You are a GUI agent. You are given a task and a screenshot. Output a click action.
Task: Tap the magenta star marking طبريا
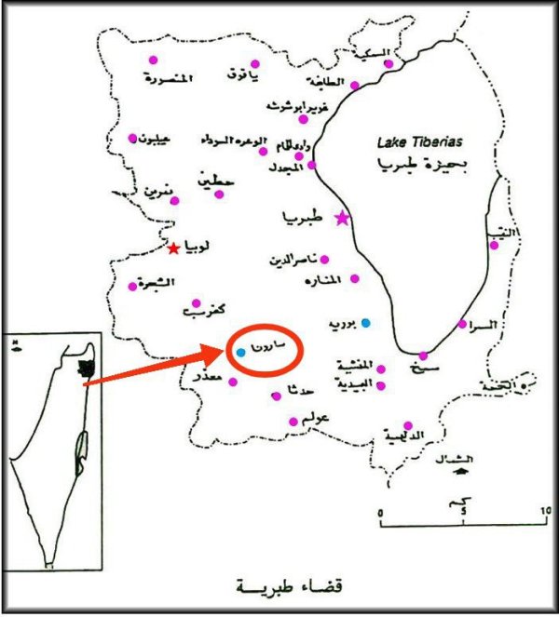pyautogui.click(x=342, y=219)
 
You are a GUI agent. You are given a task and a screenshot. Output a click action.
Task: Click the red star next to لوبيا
pyautogui.click(x=173, y=248)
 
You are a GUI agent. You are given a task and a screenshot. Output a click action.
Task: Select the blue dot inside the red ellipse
pyautogui.click(x=240, y=353)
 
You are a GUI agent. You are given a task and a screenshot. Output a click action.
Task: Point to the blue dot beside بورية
pyautogui.click(x=366, y=323)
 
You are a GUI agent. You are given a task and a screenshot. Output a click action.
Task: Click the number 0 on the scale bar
pyautogui.click(x=382, y=513)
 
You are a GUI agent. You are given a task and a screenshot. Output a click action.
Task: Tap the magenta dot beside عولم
pyautogui.click(x=293, y=422)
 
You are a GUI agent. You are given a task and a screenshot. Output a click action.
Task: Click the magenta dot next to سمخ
pyautogui.click(x=422, y=355)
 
